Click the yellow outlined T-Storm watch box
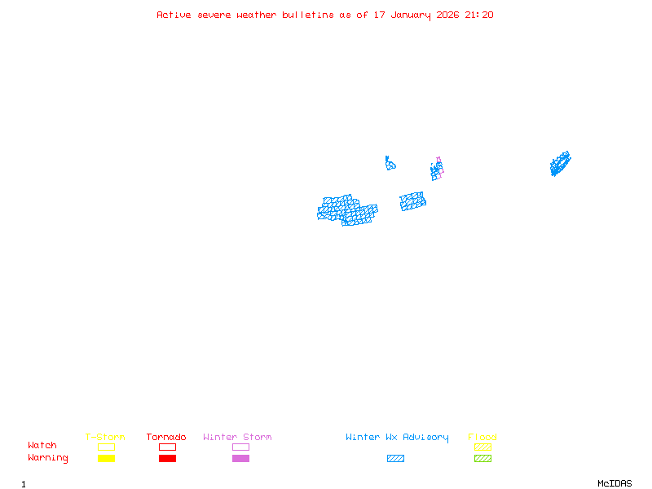(x=106, y=447)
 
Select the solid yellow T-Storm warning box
(x=106, y=458)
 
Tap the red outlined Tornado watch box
(x=167, y=447)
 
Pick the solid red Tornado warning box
(x=167, y=458)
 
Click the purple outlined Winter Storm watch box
(x=240, y=447)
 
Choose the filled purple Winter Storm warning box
(x=240, y=458)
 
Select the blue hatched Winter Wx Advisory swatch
(x=395, y=458)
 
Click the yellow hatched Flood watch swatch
(x=482, y=447)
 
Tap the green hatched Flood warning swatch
(x=482, y=458)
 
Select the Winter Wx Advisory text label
(x=397, y=437)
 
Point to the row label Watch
(x=42, y=446)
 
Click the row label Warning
(x=48, y=458)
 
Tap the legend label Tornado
(x=166, y=437)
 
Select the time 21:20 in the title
(x=479, y=15)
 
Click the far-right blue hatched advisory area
(x=560, y=164)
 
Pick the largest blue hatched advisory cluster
(x=347, y=210)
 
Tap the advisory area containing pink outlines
(x=437, y=170)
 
